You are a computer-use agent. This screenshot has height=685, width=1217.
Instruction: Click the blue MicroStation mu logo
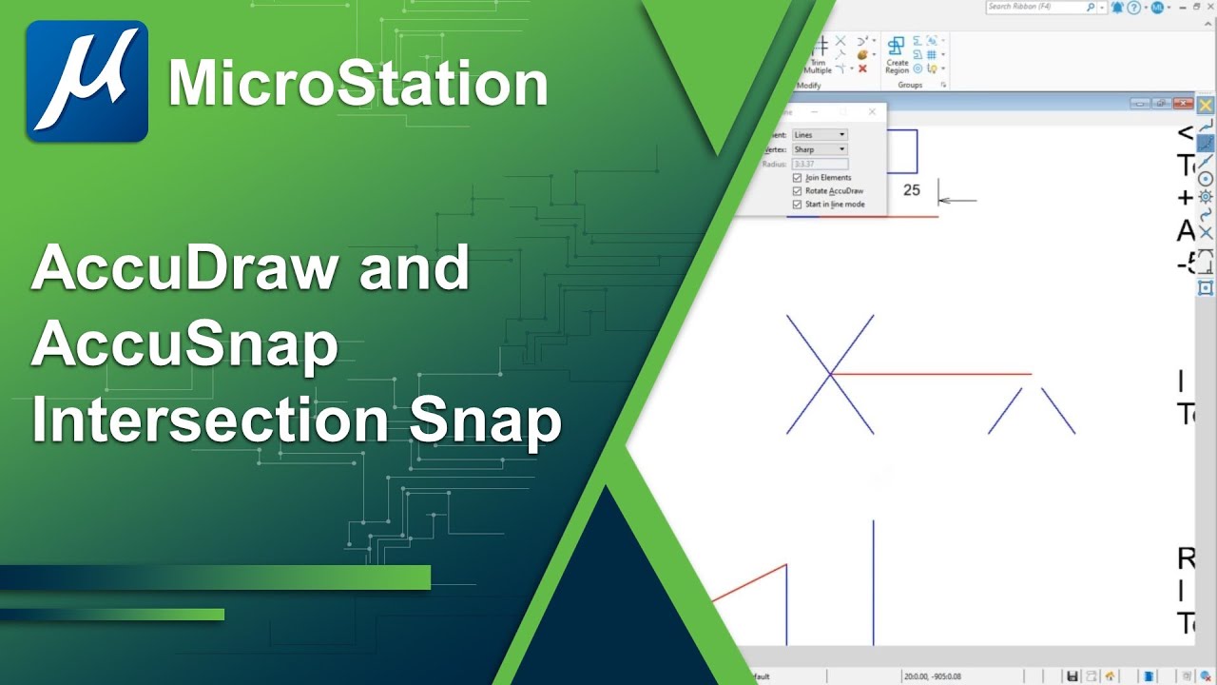pos(87,81)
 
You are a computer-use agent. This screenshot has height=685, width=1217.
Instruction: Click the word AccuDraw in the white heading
pos(185,267)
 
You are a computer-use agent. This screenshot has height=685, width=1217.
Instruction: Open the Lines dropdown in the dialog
pos(819,135)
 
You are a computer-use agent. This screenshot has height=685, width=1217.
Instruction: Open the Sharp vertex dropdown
pos(819,149)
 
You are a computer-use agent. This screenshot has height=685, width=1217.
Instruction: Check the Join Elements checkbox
pos(798,178)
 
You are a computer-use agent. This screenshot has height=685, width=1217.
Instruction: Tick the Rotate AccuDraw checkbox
pos(798,191)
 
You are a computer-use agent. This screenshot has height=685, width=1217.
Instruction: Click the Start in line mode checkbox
pos(798,205)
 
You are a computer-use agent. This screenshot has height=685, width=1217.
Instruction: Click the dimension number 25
pos(911,190)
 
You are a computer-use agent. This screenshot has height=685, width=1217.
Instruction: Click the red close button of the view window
pos(1183,104)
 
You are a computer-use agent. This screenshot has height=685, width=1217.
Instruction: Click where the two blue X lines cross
pos(831,374)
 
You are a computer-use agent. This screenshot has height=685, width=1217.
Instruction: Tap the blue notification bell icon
pos(1117,8)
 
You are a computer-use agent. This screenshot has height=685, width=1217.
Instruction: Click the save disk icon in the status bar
pos(1072,676)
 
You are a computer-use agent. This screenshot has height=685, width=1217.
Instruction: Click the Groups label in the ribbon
pos(910,86)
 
